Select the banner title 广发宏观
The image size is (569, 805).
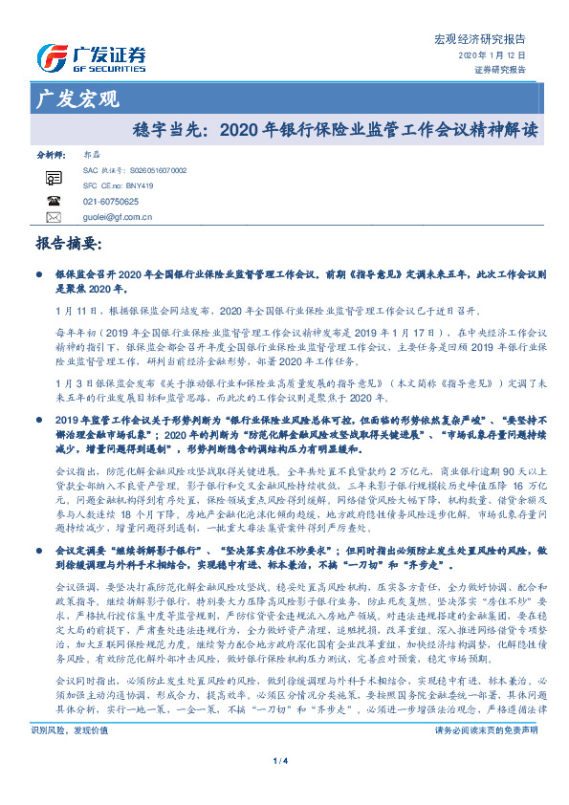pos(76,98)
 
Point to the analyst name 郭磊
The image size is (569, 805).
pos(92,154)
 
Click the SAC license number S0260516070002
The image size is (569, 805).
pos(154,169)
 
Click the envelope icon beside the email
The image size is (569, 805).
pos(54,218)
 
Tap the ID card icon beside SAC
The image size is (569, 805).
pos(54,178)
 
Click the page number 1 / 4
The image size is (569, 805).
pos(283,787)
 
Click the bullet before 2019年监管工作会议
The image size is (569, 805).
pos(39,392)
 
